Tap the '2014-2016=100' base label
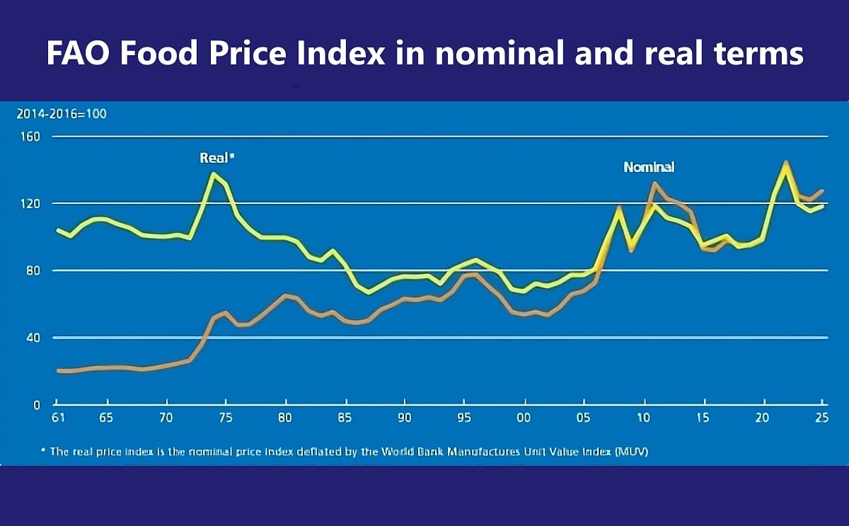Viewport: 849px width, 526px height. tap(62, 113)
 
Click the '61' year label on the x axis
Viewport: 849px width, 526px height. tap(59, 418)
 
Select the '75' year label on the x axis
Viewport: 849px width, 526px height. tap(226, 418)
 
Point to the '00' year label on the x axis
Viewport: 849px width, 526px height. tap(524, 418)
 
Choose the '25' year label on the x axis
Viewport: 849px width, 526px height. tap(821, 418)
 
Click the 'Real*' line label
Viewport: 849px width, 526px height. tap(216, 159)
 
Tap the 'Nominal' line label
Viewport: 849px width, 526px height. tap(649, 168)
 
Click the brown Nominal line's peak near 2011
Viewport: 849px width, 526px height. tap(655, 184)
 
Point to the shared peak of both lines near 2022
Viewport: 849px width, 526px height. tap(786, 164)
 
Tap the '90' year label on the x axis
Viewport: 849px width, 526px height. tap(405, 418)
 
